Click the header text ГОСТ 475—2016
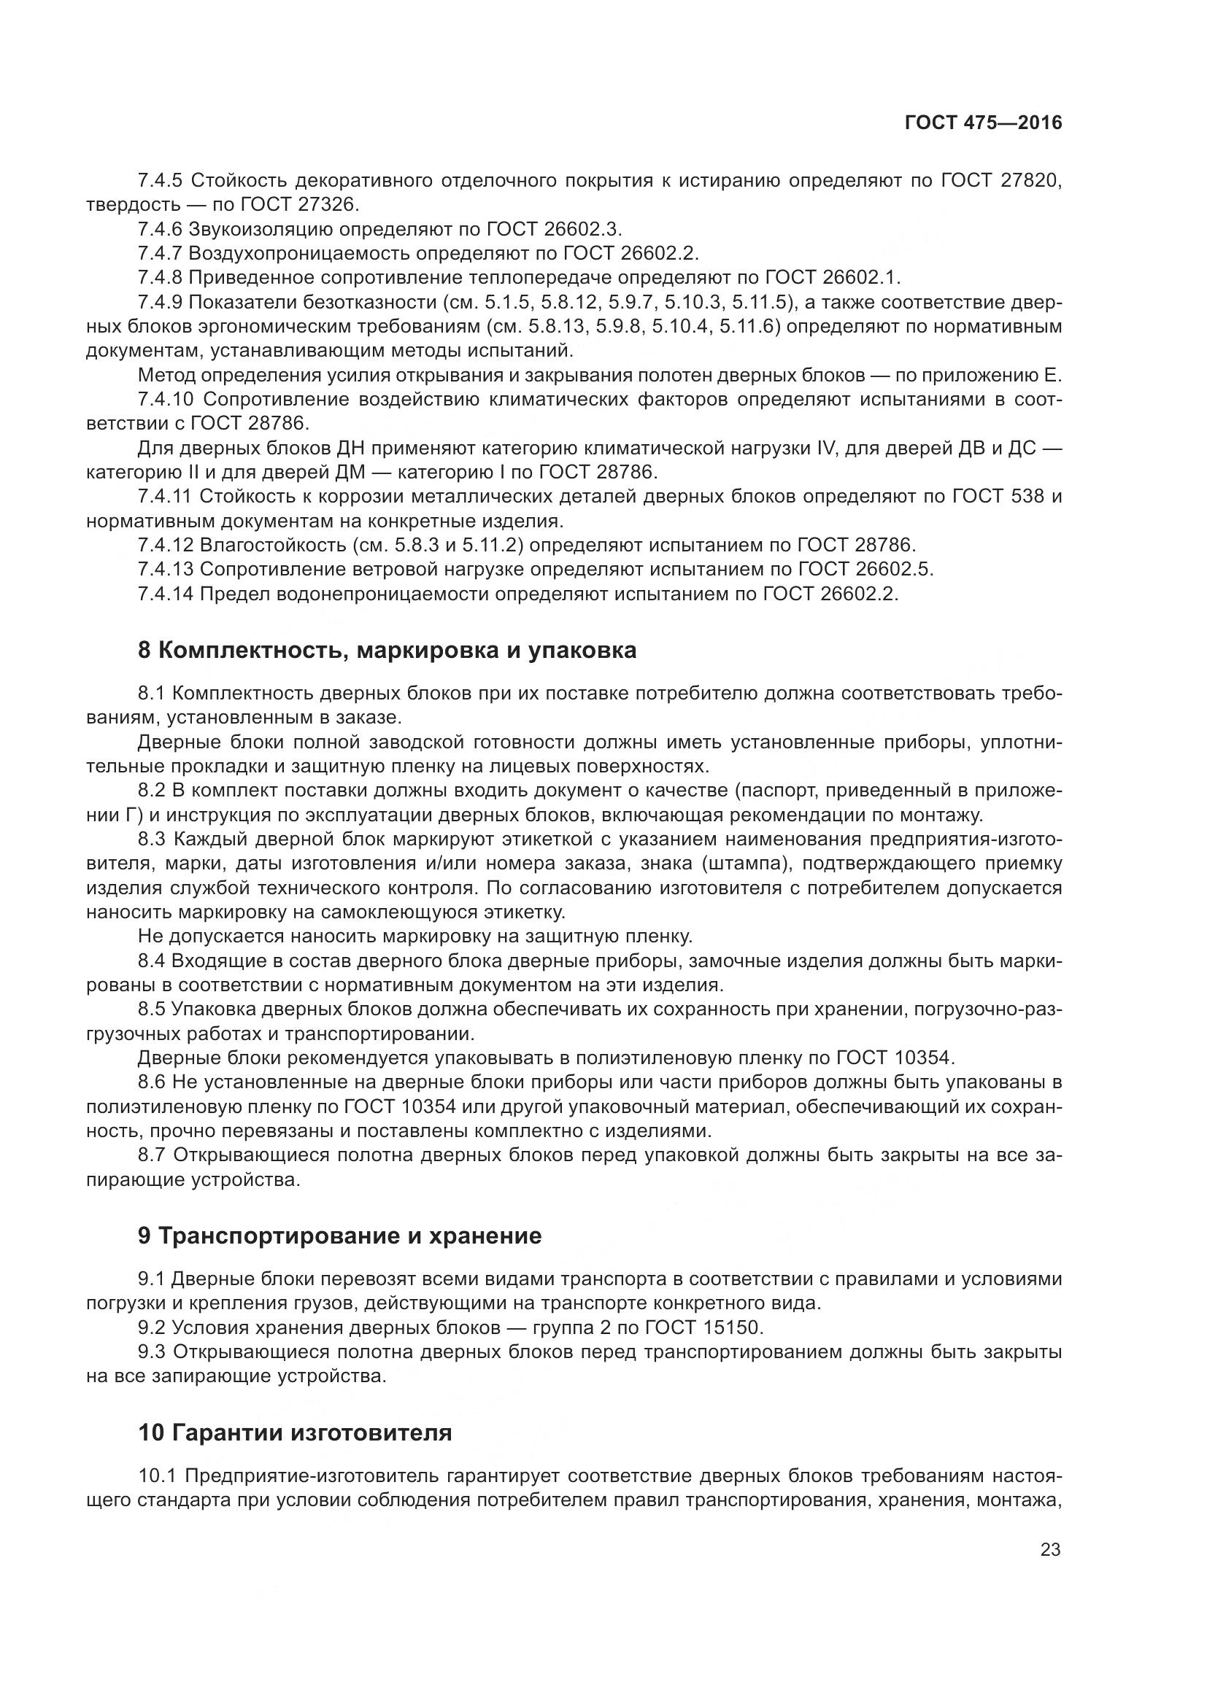(983, 123)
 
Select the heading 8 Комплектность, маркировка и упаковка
(387, 650)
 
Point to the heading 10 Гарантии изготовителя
(295, 1432)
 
